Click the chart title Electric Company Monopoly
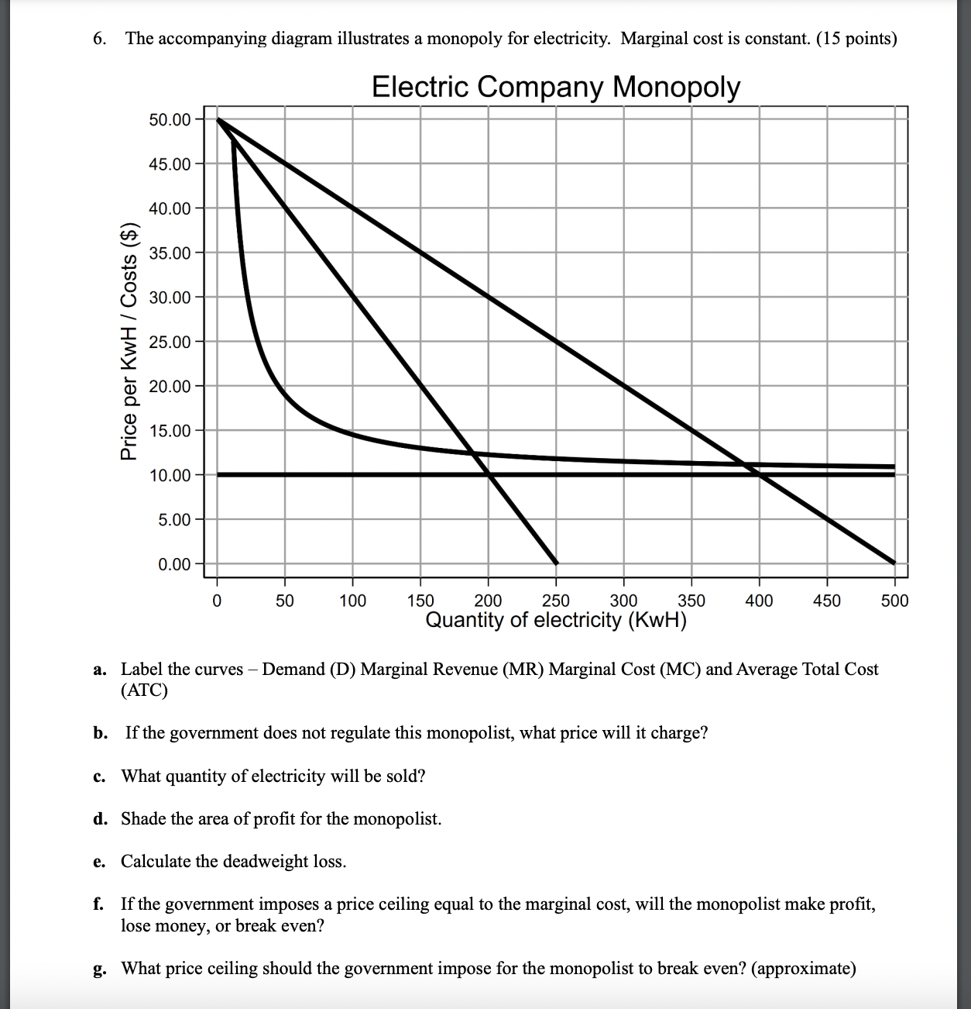click(555, 87)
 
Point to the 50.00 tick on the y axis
click(169, 119)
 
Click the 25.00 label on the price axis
click(169, 342)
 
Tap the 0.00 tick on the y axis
click(173, 564)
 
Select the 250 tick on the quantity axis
click(555, 601)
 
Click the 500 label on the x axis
click(894, 601)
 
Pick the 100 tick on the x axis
click(352, 601)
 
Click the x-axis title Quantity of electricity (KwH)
click(555, 621)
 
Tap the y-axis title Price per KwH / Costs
click(129, 342)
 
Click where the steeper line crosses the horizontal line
click(488, 474)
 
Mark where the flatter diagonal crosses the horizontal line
click(759, 474)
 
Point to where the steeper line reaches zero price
click(555, 563)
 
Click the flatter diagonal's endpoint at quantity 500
click(894, 563)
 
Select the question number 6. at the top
click(99, 39)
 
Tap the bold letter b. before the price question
click(100, 733)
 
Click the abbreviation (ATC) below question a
click(144, 690)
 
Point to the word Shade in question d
click(143, 819)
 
